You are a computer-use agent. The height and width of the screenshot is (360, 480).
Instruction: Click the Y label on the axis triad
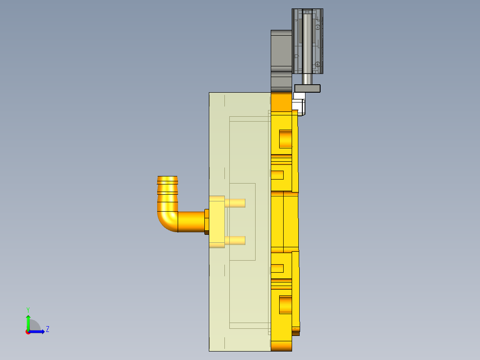28,310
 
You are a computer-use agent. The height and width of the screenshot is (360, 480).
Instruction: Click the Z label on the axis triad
48,329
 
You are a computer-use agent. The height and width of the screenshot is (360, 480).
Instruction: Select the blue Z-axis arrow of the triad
38,331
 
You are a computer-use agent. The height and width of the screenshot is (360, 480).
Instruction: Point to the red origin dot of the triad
28,332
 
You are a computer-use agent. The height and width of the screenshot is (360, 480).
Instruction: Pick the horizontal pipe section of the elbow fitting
191,221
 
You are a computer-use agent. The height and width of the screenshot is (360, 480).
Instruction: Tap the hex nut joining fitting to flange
207,221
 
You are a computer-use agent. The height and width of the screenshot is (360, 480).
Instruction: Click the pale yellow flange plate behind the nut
217,221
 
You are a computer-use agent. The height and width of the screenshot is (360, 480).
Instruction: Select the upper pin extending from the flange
235,203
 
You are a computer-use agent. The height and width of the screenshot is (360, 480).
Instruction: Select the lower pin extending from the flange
235,241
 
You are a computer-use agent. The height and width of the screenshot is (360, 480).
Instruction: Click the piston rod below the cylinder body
307,79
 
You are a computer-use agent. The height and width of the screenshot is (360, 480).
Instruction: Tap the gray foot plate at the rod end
307,89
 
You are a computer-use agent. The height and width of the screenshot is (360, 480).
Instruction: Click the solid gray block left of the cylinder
281,51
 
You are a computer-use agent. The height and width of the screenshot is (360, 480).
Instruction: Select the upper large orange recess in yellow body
285,139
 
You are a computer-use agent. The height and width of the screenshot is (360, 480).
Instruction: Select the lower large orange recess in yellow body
285,304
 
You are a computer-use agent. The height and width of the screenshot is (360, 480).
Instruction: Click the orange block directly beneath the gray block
281,102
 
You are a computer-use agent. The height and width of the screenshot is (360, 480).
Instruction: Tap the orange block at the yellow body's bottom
281,346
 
